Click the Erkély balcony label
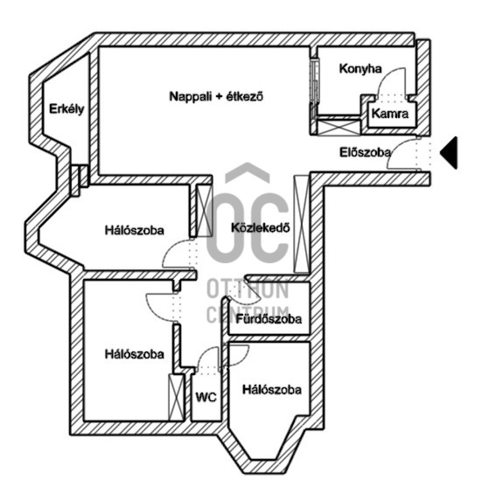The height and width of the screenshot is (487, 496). pyautogui.click(x=66, y=109)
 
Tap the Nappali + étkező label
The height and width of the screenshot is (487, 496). pyautogui.click(x=216, y=96)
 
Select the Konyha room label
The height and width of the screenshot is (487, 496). pyautogui.click(x=360, y=69)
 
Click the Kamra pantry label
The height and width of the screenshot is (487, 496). pyautogui.click(x=390, y=115)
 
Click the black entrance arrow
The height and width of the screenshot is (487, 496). pyautogui.click(x=449, y=152)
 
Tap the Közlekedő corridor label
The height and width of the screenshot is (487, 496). pyautogui.click(x=261, y=227)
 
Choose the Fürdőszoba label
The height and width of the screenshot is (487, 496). pyautogui.click(x=269, y=319)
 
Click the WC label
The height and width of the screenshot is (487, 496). pyautogui.click(x=205, y=398)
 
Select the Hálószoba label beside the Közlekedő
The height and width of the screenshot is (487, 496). pyautogui.click(x=135, y=230)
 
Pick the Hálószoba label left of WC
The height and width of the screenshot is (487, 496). pyautogui.click(x=134, y=354)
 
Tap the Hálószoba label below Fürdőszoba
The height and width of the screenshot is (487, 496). pyautogui.click(x=272, y=390)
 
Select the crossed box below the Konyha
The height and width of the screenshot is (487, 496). pyautogui.click(x=339, y=127)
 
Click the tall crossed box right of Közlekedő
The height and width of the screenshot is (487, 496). pyautogui.click(x=301, y=224)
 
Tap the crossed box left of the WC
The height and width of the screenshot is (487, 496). pyautogui.click(x=175, y=396)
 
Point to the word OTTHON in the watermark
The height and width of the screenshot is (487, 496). pyautogui.click(x=248, y=290)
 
